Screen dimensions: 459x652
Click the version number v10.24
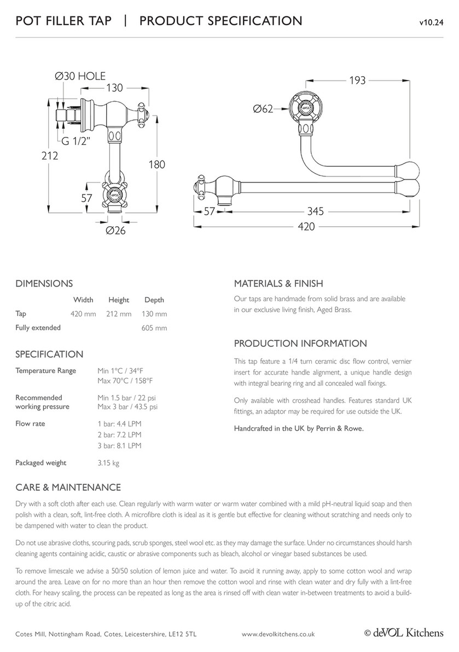point(431,22)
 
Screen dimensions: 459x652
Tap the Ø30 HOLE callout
point(80,76)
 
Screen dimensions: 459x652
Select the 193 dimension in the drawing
point(357,80)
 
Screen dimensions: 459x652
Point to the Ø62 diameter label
point(263,109)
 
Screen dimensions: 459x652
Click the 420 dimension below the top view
point(306,227)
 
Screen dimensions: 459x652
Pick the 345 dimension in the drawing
point(316,211)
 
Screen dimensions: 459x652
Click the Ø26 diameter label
point(116,230)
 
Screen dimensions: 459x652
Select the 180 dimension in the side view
point(157,164)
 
